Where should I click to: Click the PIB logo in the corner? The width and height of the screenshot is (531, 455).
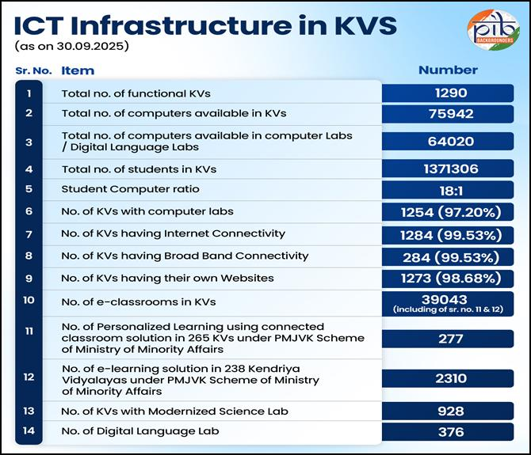(493, 30)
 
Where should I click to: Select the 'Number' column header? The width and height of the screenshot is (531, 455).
(448, 70)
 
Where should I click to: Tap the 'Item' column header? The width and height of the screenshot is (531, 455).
(78, 70)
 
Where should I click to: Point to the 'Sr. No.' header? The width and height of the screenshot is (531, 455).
(33, 70)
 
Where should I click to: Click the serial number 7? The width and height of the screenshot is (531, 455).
(29, 234)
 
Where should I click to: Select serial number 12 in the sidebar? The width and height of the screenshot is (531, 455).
(29, 377)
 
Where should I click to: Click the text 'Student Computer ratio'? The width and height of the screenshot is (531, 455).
(130, 189)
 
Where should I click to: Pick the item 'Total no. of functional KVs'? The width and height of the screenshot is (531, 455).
(136, 93)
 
